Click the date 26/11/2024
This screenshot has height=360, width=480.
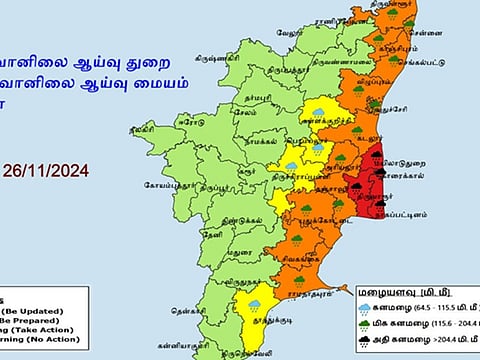tap(59, 171)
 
